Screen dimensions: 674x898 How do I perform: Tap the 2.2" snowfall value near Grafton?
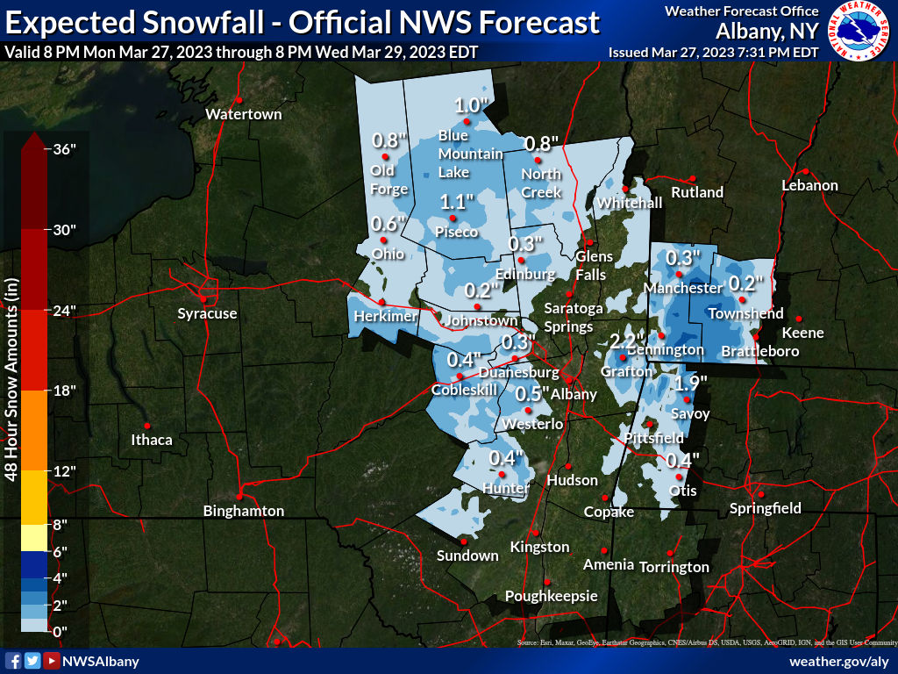tap(627, 340)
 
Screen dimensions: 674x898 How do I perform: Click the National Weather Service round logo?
tap(859, 31)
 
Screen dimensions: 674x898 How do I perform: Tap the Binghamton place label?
tap(244, 511)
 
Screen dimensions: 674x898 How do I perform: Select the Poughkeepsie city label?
tap(552, 597)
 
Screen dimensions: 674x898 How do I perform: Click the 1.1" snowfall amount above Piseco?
tap(456, 200)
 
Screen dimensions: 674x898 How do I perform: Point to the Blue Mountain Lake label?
tap(470, 154)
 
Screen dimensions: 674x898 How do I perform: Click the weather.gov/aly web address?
tap(839, 661)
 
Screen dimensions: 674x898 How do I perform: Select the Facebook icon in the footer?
tap(13, 661)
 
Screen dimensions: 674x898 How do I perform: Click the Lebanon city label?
tap(810, 185)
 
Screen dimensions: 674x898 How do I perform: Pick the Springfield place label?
tap(766, 508)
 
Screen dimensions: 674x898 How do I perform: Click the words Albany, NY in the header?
tap(766, 31)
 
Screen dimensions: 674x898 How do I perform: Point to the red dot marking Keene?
tap(799, 319)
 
